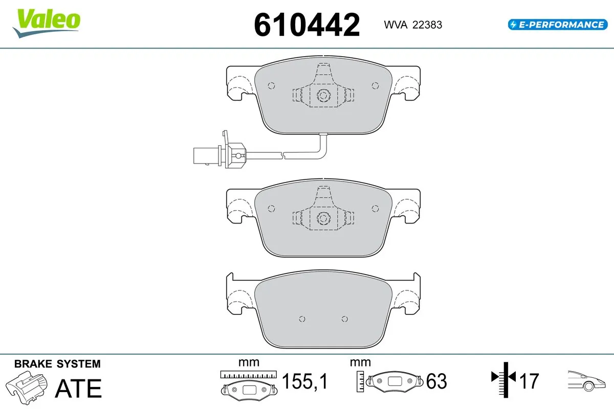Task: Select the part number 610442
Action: [x=307, y=24]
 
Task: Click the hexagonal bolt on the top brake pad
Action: [x=323, y=95]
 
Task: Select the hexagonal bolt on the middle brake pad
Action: [x=323, y=218]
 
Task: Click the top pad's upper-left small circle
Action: [x=271, y=85]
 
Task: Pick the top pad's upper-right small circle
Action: [x=375, y=85]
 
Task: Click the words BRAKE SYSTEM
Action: [x=57, y=364]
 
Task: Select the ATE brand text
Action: [x=78, y=389]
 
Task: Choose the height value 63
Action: [x=436, y=381]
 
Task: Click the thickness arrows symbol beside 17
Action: [x=504, y=379]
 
